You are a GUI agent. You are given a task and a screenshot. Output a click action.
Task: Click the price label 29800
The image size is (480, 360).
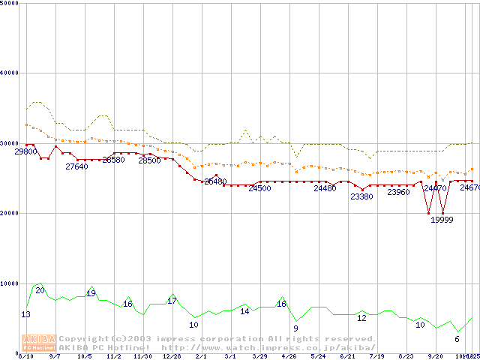(25, 151)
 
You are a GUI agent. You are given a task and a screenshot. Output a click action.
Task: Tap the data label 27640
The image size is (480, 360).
(76, 166)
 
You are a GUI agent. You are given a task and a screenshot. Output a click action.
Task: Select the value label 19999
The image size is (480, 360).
(442, 220)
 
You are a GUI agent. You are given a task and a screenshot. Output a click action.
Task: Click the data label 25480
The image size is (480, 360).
(215, 181)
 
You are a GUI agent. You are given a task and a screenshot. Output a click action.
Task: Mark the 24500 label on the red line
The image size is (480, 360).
(259, 188)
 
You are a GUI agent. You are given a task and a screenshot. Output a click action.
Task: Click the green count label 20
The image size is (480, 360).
(40, 290)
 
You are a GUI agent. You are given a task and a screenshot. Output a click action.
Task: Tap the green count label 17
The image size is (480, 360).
(172, 301)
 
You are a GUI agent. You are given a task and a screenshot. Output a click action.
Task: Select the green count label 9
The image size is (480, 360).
(295, 328)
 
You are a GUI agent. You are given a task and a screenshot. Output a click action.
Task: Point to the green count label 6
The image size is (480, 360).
(457, 339)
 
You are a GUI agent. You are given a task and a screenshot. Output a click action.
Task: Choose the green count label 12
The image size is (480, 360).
(361, 318)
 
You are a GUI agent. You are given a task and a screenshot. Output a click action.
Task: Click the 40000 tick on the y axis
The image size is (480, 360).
(10, 73)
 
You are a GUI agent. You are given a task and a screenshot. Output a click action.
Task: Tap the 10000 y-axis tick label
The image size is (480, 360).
(10, 283)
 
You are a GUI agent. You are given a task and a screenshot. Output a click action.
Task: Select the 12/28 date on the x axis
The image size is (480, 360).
(172, 356)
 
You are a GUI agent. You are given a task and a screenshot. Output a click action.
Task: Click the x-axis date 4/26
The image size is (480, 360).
(289, 356)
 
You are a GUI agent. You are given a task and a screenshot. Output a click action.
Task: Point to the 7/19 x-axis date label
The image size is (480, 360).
(376, 356)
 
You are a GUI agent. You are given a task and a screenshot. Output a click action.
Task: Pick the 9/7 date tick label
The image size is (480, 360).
(55, 356)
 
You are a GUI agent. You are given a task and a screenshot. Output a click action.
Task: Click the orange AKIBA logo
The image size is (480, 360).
(39, 342)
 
